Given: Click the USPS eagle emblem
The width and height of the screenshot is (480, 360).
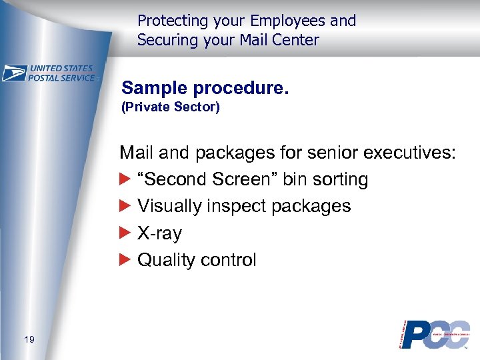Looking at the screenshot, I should pyautogui.click(x=14, y=73).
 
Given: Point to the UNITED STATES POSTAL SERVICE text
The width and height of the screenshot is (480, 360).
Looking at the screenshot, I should pyautogui.click(x=61, y=73).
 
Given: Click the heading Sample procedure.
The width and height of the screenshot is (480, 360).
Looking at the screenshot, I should pyautogui.click(x=205, y=87).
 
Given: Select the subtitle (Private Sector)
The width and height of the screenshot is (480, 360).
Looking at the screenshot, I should pyautogui.click(x=170, y=107).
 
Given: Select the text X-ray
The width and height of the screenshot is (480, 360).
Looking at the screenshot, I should pyautogui.click(x=159, y=233).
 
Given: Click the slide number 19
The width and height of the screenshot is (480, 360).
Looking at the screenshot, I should pyautogui.click(x=29, y=341).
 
